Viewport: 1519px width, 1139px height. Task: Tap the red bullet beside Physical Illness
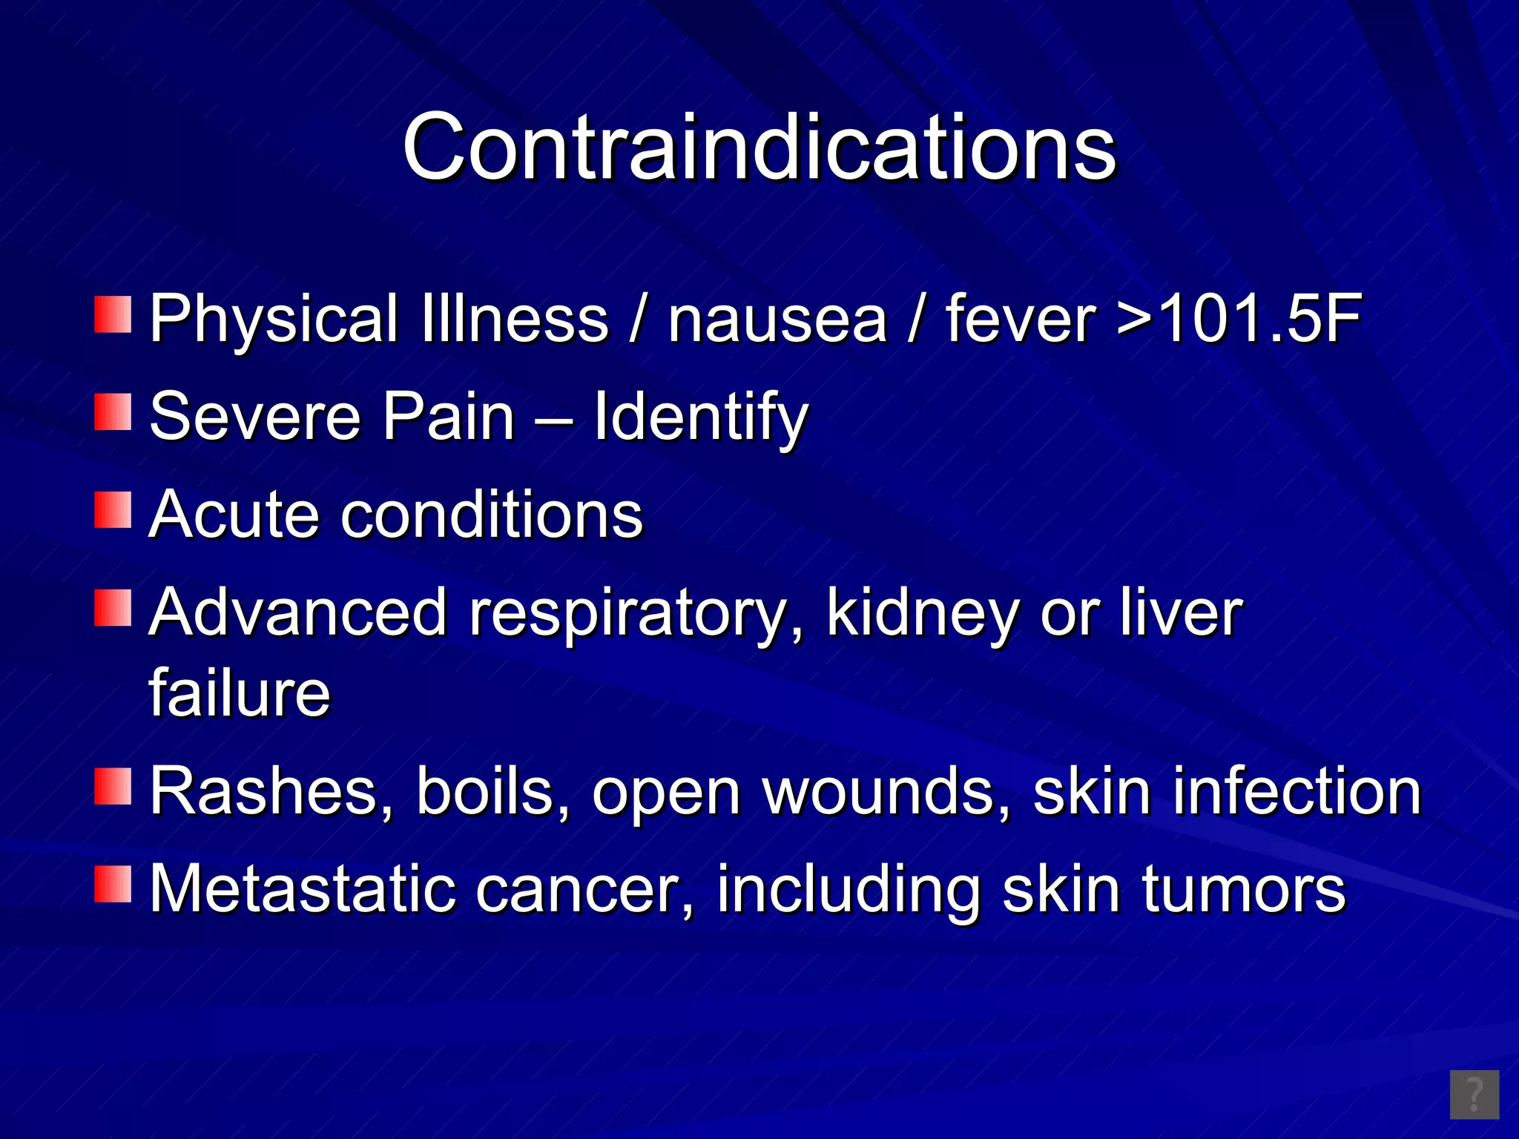click(113, 314)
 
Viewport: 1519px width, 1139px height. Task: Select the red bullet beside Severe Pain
click(113, 412)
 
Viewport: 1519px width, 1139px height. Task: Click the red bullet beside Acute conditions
click(113, 509)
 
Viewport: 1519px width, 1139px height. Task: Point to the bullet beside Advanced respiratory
click(113, 607)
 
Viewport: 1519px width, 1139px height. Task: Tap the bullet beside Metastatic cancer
click(113, 884)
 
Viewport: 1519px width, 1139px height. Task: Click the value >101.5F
click(1239, 319)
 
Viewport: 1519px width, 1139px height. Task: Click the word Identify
click(701, 417)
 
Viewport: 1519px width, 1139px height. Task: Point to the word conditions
click(492, 515)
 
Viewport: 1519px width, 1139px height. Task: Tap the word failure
click(240, 693)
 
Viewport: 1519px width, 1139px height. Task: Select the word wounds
click(887, 791)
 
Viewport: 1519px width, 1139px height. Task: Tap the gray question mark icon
click(1474, 1094)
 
